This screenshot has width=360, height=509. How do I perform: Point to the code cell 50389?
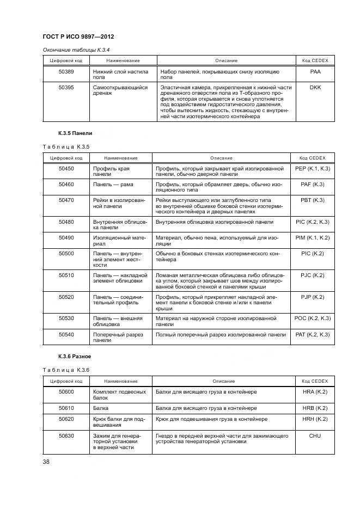(66, 71)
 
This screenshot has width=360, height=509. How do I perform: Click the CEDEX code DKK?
(315, 87)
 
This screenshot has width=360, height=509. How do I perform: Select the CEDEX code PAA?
(315, 71)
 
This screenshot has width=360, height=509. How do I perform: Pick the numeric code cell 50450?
(66, 169)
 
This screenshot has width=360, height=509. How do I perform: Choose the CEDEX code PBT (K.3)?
(312, 200)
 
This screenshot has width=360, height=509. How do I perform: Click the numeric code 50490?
(66, 238)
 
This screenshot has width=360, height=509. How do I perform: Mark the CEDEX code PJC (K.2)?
(312, 275)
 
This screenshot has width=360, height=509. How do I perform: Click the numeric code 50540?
(66, 334)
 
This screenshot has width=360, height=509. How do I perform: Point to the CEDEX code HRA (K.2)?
(314, 392)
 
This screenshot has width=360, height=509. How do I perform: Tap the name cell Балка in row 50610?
(101, 408)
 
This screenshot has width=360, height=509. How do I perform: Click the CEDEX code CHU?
(314, 436)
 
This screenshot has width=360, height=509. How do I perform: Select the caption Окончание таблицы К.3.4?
(76, 50)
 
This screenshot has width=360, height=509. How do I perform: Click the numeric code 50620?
(66, 419)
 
